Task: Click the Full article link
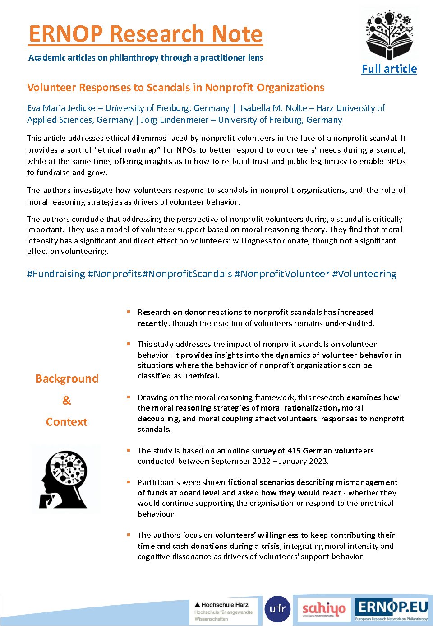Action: coord(389,69)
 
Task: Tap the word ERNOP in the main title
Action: coord(66,34)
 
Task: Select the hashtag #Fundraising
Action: coord(56,274)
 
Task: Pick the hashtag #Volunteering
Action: coord(364,274)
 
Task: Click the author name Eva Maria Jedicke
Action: coord(61,108)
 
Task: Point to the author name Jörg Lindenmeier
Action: coord(175,120)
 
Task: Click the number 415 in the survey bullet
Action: coord(294,451)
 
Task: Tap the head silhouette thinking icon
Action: coord(64,479)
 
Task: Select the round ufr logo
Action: coord(277,609)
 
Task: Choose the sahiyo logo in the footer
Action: coord(324,609)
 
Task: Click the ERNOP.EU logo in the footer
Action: coord(391,609)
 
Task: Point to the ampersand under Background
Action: coord(66,401)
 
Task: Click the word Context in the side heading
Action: coord(66,422)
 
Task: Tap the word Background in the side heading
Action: coord(67,379)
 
